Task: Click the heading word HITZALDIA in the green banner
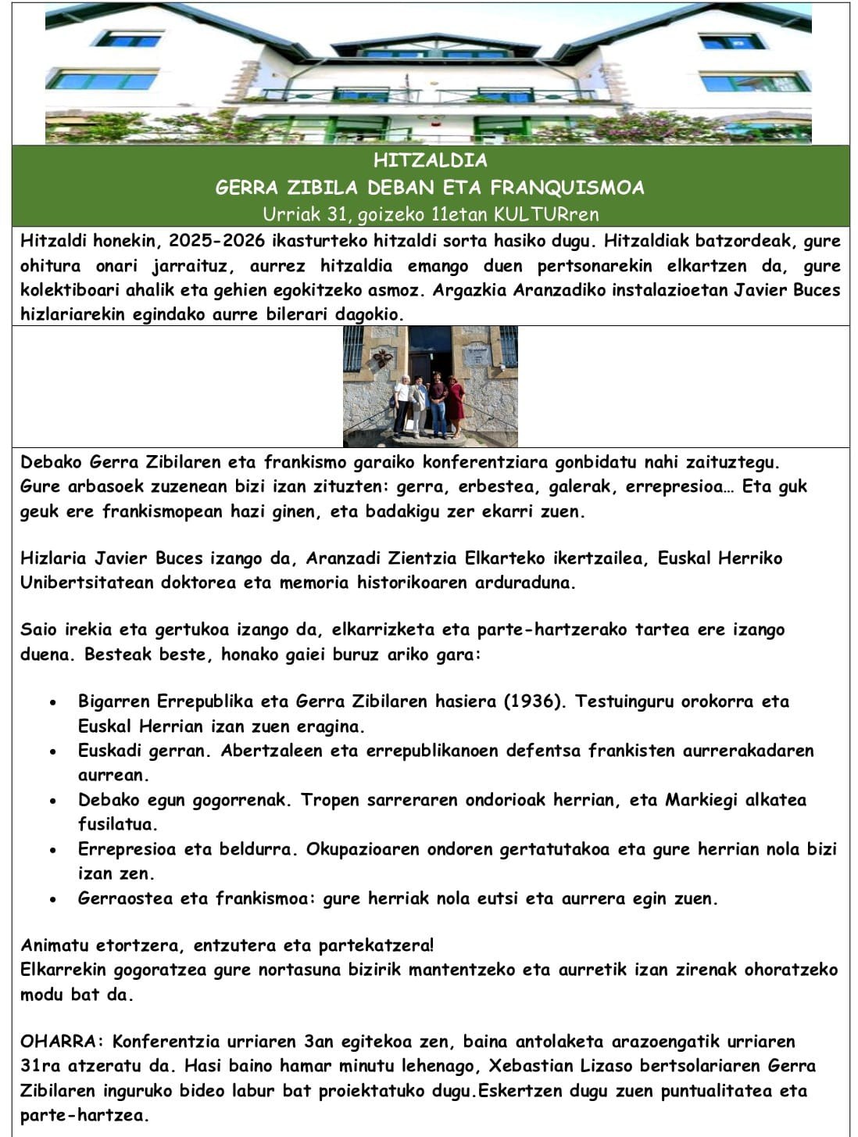(430, 160)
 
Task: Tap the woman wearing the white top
(402, 403)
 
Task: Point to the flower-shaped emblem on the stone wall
(382, 357)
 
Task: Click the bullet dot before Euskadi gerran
(52, 751)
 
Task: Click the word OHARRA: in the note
(62, 1042)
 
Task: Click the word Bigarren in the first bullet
(114, 701)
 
